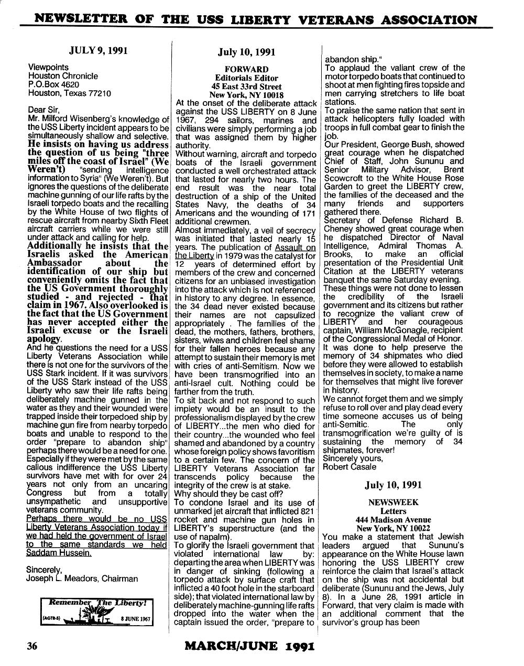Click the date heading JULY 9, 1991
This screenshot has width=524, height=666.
tap(98, 51)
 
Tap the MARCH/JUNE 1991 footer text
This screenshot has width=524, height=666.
tap(249, 646)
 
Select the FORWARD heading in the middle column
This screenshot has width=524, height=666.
tap(246, 69)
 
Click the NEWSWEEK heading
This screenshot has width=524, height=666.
tap(393, 502)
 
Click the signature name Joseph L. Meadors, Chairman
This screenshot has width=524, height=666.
tap(82, 578)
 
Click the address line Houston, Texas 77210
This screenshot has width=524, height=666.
tap(69, 93)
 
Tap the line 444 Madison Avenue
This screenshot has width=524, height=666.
tap(393, 519)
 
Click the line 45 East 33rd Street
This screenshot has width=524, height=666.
tap(246, 86)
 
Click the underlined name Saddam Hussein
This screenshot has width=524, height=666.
tap(59, 553)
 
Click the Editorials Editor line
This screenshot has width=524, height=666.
tap(246, 78)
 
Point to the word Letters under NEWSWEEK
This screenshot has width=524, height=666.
tap(393, 511)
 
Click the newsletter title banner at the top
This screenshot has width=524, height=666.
tap(256, 20)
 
